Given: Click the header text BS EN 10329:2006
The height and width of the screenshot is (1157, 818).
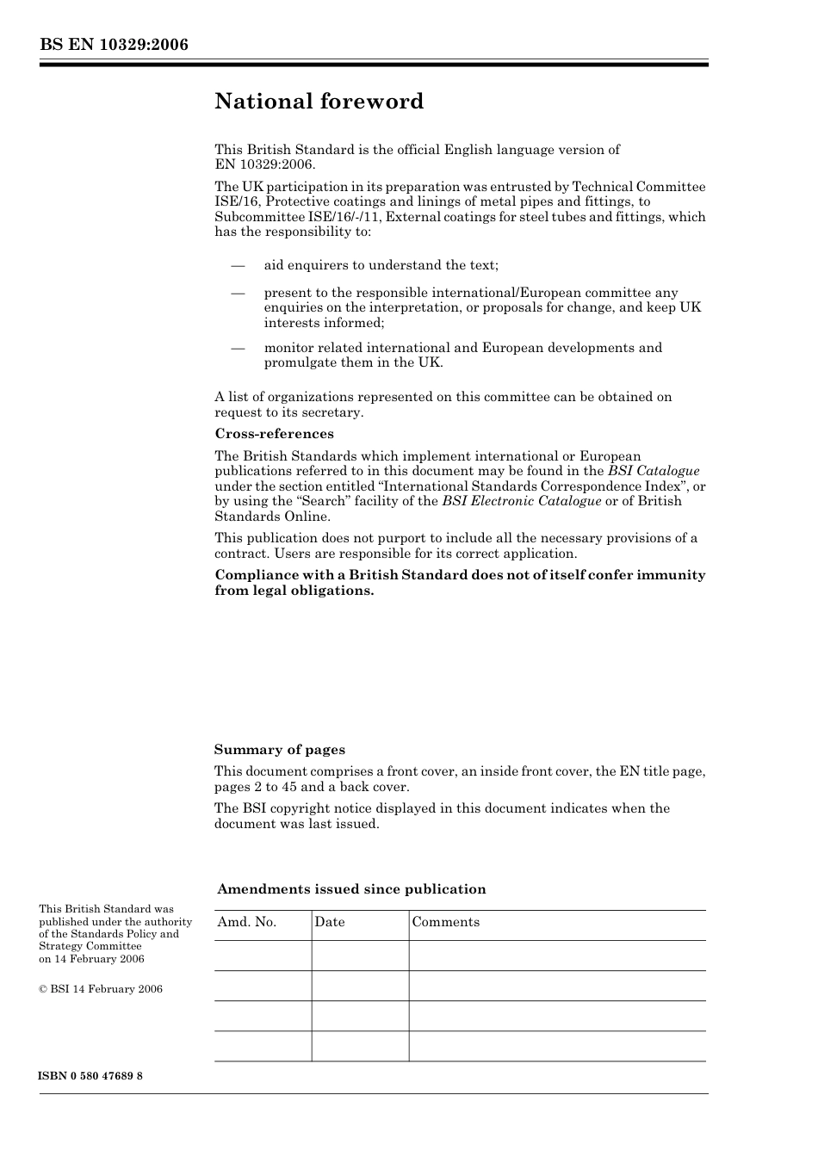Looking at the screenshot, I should tap(114, 45).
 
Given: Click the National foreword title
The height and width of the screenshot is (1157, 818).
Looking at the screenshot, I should tap(319, 102).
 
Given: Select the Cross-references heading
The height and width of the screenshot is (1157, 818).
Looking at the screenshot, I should tap(274, 434).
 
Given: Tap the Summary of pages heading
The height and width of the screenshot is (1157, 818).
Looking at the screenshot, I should tap(279, 750).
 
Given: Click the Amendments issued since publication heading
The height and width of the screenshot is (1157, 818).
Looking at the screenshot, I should tap(351, 889).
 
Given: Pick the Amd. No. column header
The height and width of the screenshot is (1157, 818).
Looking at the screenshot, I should tap(247, 922).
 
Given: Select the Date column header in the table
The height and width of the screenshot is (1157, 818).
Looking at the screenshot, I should tap(329, 922).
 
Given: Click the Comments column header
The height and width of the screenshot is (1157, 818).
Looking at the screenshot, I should tap(445, 922).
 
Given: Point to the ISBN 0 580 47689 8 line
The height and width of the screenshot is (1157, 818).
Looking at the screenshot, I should tap(90, 1076).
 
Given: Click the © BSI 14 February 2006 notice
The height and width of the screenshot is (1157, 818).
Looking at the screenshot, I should tap(101, 989).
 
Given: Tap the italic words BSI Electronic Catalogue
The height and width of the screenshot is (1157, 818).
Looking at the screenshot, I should tap(522, 501).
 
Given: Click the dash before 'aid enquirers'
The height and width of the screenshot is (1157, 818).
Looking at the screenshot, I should tap(239, 265).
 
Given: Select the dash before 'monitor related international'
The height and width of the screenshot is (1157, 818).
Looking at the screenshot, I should tap(239, 348).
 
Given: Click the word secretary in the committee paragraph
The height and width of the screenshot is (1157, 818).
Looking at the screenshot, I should tap(331, 412).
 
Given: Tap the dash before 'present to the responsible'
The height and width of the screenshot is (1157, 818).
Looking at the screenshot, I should tap(239, 293).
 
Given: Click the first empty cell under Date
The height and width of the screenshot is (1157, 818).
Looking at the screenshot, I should tap(360, 956).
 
